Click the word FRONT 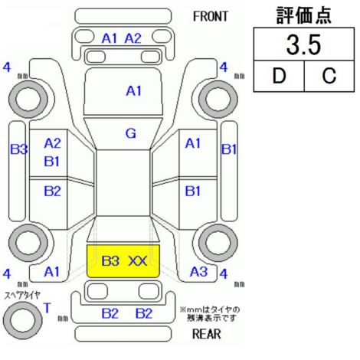coord(210,17)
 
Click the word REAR coord(207,334)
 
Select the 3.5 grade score coord(303,45)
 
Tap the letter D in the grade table coord(279,76)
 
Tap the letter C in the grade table coord(329,76)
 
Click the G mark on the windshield coord(131,133)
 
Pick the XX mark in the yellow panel coord(137,261)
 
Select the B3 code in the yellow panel coord(110,261)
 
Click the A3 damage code coord(198,272)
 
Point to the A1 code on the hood coord(134,91)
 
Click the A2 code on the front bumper coord(133,39)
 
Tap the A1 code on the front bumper coord(110,39)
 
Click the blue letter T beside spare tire coord(47,308)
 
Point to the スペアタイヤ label coord(22,296)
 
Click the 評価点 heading coord(303,15)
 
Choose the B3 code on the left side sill coord(18,149)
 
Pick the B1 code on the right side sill coord(229,149)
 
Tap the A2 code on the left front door coord(52,143)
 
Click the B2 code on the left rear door coord(52,191)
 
